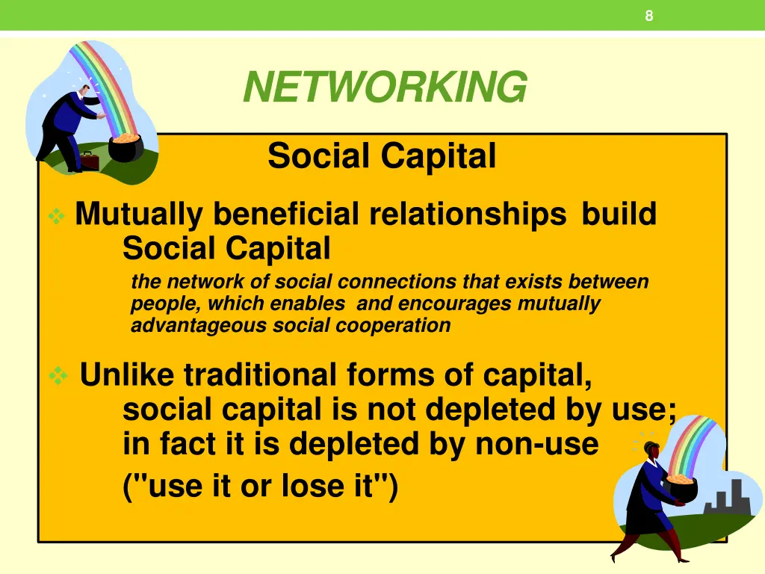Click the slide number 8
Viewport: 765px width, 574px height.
click(649, 16)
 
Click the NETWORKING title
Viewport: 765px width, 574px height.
click(385, 87)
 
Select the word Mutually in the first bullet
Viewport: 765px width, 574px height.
click(139, 215)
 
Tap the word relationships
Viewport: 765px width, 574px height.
click(468, 215)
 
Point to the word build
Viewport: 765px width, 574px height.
click(619, 215)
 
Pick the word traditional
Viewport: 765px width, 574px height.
click(261, 374)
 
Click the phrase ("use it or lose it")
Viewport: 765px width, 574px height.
click(261, 487)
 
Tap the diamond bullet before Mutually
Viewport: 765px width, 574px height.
click(55, 217)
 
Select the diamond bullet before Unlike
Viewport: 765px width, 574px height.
click(58, 376)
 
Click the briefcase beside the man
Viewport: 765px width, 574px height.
click(89, 160)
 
